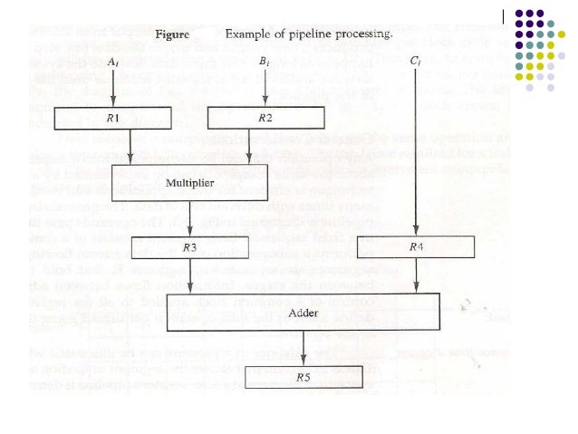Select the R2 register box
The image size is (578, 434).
[265, 117]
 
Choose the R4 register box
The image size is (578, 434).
[414, 246]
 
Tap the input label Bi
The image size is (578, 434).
[265, 62]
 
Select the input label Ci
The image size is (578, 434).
[414, 62]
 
